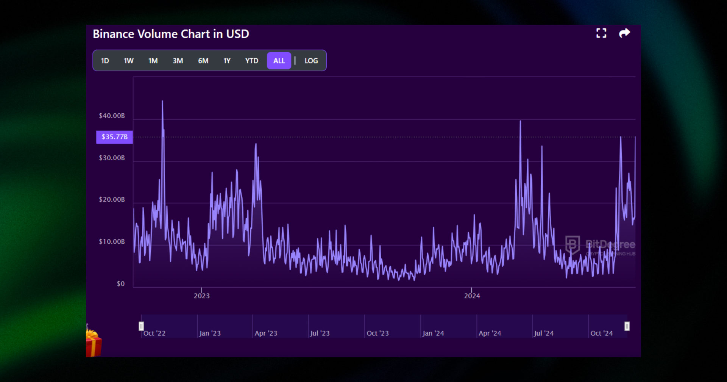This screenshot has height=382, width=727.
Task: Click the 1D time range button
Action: (105, 61)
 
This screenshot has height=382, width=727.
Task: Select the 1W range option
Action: (129, 61)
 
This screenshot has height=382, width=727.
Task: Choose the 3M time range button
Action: (178, 61)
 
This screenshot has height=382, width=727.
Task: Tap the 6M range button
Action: (203, 61)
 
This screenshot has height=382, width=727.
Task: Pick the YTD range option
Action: (251, 61)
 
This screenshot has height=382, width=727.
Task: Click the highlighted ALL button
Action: (279, 61)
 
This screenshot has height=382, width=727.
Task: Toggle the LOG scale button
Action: (311, 61)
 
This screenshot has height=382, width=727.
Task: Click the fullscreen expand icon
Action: (601, 33)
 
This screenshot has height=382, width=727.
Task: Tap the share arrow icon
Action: (624, 33)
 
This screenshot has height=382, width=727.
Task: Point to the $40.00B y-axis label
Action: (112, 116)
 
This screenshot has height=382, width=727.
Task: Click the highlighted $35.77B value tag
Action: (114, 137)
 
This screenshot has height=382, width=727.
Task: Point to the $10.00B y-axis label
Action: (112, 241)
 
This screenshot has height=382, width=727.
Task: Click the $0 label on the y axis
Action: (120, 283)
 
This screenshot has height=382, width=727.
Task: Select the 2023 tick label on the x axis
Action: (201, 296)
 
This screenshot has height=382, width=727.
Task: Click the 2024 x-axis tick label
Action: (472, 296)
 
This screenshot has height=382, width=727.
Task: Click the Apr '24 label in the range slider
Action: (490, 333)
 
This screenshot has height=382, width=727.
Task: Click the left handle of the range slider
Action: (141, 326)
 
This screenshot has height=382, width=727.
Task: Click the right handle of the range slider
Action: (627, 326)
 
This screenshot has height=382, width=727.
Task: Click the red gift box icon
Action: (94, 343)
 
